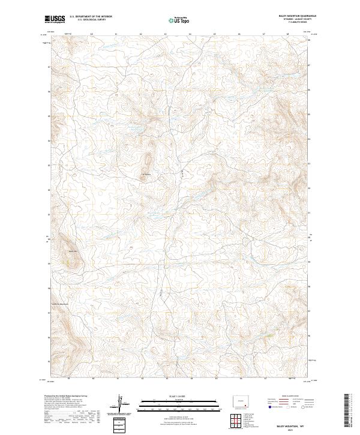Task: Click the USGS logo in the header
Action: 55,19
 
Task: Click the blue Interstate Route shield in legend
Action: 271,408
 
